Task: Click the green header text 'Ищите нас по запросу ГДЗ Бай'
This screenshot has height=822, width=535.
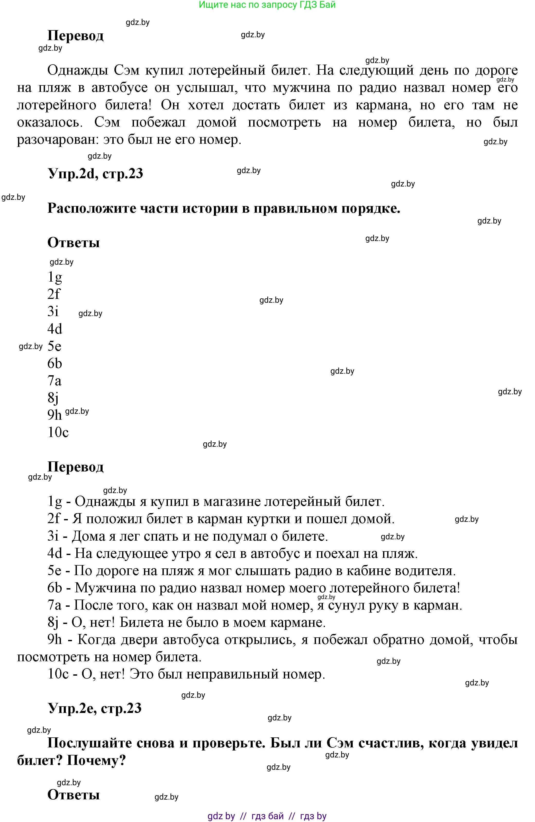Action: [267, 5]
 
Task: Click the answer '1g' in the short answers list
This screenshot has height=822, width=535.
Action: [55, 277]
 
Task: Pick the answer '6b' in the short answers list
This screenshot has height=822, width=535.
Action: [55, 363]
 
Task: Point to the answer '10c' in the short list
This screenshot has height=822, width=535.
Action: [58, 432]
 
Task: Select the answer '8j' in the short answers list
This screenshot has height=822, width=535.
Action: [53, 398]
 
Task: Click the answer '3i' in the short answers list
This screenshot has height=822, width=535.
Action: [53, 311]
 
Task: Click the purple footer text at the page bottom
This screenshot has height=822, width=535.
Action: [267, 816]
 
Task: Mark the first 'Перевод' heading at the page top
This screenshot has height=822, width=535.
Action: [75, 35]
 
